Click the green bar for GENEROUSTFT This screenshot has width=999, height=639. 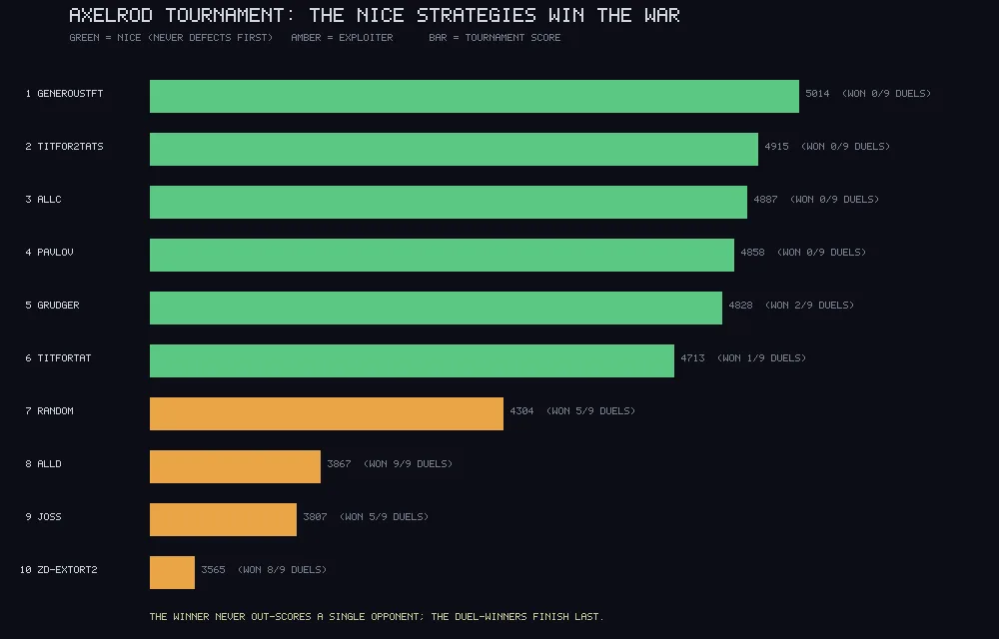point(474,96)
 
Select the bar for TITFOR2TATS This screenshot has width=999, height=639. point(454,149)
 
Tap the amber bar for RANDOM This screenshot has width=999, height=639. point(327,413)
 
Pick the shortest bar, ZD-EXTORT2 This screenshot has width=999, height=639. point(172,572)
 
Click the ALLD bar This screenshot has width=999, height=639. point(235,466)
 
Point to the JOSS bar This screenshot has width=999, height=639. point(223,519)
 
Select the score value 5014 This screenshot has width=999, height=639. point(817,94)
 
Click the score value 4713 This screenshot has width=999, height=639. point(692,358)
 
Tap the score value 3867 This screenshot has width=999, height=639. point(339,464)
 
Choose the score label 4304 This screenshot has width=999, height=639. point(521,411)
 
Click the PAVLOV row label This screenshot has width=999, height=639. point(55,253)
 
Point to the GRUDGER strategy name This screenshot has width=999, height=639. point(58,306)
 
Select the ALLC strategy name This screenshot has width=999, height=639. point(49,200)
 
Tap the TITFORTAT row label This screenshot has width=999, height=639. point(64,358)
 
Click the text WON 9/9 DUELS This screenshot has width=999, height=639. point(408,464)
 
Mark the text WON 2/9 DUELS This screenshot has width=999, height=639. point(810,306)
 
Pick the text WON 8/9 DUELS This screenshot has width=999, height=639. point(282,570)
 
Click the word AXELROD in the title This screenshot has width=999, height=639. point(112,15)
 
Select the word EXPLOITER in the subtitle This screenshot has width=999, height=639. point(366,38)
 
